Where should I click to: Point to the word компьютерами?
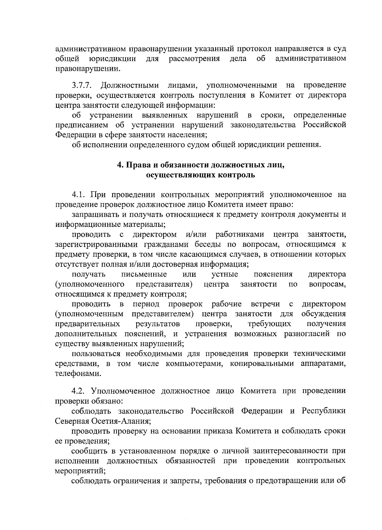[x=193, y=364]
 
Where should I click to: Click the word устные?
[x=225, y=274]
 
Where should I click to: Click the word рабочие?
[x=227, y=304]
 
